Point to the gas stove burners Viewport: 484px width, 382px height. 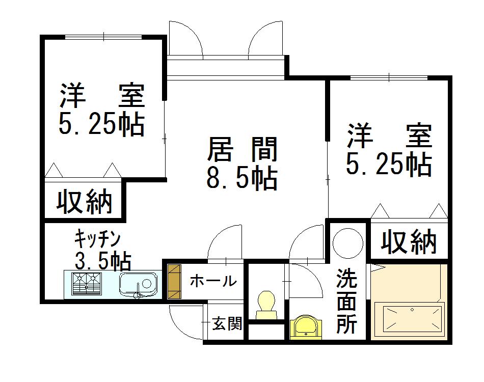(87, 283)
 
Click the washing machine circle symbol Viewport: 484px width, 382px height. (348, 242)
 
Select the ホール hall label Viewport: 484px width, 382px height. (213, 281)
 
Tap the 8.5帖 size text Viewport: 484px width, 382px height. (242, 178)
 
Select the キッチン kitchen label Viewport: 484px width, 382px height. (97, 238)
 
